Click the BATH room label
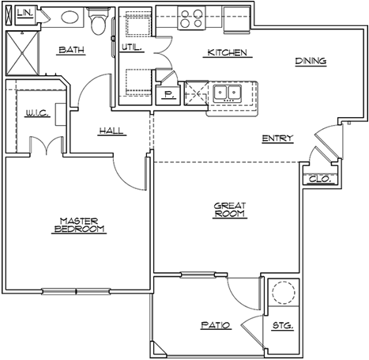click(x=71, y=50)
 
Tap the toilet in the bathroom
click(x=98, y=21)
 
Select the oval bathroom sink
click(x=70, y=17)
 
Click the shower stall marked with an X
click(x=22, y=53)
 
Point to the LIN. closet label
click(x=25, y=13)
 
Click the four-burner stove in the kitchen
click(x=191, y=18)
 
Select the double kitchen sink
click(x=228, y=93)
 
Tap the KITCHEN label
click(x=228, y=52)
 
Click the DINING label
click(x=311, y=61)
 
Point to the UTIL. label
click(x=132, y=47)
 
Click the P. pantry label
click(x=168, y=94)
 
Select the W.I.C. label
click(x=37, y=113)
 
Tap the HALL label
click(x=111, y=131)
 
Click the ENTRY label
click(x=277, y=138)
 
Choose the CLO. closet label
click(x=320, y=180)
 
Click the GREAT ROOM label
click(x=230, y=210)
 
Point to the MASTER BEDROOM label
click(x=79, y=225)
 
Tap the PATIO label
click(x=216, y=325)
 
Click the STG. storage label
click(x=283, y=325)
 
